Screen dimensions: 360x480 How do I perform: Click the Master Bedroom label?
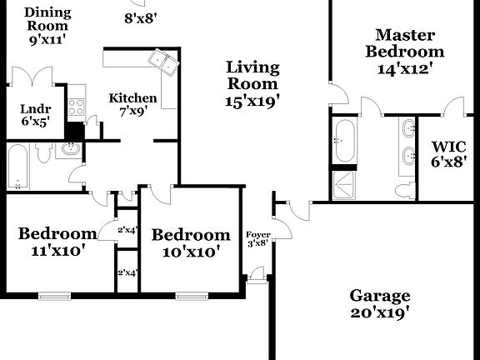[406, 51]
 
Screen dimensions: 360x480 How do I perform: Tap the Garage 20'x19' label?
[379, 304]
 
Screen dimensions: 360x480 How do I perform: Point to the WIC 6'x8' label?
[447, 155]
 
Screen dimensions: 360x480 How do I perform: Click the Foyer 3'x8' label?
[257, 238]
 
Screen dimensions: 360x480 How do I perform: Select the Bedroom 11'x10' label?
[57, 242]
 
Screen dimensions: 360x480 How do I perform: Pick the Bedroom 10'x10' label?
[190, 242]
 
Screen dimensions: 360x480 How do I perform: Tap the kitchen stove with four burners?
[76, 106]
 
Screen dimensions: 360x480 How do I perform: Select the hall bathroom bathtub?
[18, 167]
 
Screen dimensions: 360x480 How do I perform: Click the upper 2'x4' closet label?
[127, 229]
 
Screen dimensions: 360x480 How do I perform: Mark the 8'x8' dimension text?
[141, 18]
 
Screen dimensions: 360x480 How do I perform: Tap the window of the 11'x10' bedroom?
[54, 294]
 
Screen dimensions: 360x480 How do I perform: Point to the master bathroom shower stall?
[343, 185]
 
